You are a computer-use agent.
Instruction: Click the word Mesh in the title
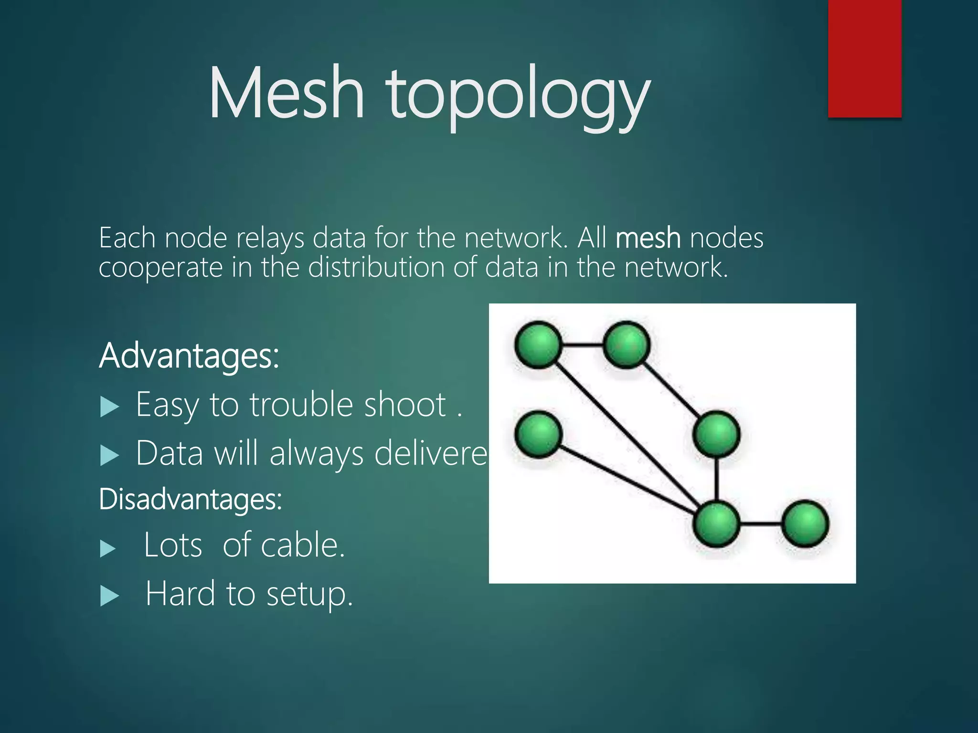pyautogui.click(x=287, y=93)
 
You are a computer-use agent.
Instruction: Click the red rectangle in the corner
pyautogui.click(x=864, y=58)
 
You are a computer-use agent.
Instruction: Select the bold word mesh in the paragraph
pyautogui.click(x=648, y=238)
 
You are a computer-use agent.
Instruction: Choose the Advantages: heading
pyautogui.click(x=189, y=356)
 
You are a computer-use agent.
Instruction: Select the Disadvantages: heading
pyautogui.click(x=191, y=500)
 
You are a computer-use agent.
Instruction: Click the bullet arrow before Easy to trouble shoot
pyautogui.click(x=109, y=408)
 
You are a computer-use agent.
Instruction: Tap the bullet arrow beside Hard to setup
pyautogui.click(x=109, y=596)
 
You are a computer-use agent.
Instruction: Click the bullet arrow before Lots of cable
pyautogui.click(x=108, y=548)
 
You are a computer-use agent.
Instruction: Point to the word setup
pyautogui.click(x=309, y=595)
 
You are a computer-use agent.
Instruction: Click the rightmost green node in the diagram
pyautogui.click(x=806, y=524)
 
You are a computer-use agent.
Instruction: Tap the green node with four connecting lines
pyautogui.click(x=716, y=524)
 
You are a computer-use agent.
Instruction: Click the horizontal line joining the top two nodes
pyautogui.click(x=582, y=345)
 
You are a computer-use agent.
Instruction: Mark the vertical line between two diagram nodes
pyautogui.click(x=716, y=479)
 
